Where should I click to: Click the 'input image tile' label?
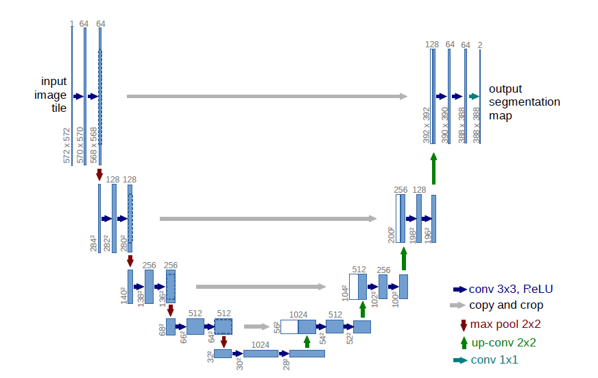tap(53, 95)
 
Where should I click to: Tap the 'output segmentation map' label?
tap(524, 102)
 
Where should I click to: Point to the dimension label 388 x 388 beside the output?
tap(476, 124)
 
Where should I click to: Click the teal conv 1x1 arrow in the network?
tap(473, 97)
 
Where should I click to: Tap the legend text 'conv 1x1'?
tap(494, 360)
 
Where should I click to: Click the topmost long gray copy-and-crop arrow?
tap(267, 97)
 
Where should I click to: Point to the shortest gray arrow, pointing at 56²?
tap(257, 327)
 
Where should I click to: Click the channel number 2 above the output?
tap(480, 45)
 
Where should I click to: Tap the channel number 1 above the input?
tap(71, 24)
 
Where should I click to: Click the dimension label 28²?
tap(285, 362)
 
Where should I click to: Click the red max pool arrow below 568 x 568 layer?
tap(99, 174)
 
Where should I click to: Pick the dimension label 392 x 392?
tap(426, 125)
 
